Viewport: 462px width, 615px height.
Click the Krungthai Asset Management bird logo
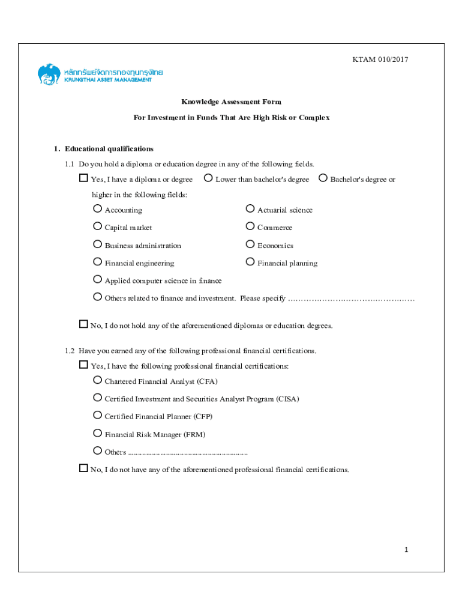[x=49, y=74]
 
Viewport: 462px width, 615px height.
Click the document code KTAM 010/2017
[x=380, y=59]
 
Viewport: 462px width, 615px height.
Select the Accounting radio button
[x=97, y=209]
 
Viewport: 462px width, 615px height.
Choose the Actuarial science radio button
[x=250, y=209]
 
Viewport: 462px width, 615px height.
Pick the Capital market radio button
[x=97, y=226]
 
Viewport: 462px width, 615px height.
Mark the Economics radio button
[x=250, y=244]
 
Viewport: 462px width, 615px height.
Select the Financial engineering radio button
[x=97, y=262]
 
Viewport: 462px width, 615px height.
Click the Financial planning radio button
[x=250, y=262]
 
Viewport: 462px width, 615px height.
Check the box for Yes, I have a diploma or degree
[x=83, y=178]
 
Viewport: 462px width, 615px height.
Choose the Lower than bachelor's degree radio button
[x=208, y=178]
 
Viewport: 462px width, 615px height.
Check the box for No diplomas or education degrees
[x=83, y=324]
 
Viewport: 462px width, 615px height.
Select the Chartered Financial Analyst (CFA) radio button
[x=97, y=380]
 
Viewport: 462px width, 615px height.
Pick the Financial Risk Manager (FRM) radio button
[x=97, y=433]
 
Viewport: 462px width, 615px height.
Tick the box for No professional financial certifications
[x=83, y=468]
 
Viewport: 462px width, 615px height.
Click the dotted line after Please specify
[x=351, y=298]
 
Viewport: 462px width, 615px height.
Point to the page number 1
[x=406, y=550]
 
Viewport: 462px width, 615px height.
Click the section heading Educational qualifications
[x=109, y=149]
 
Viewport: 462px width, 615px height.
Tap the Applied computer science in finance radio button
[x=97, y=279]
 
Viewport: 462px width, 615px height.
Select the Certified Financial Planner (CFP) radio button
[x=97, y=415]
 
